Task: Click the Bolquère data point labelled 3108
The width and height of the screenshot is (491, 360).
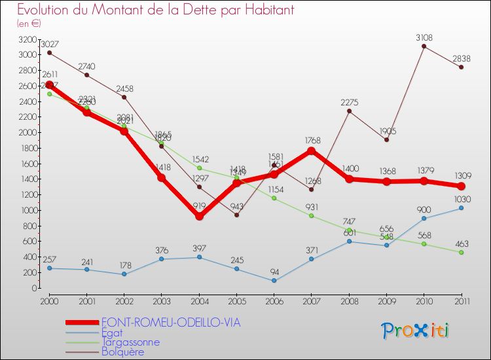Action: point(424,46)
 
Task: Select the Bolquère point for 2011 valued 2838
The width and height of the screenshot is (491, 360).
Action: point(462,67)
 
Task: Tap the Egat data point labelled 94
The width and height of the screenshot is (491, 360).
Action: point(274,281)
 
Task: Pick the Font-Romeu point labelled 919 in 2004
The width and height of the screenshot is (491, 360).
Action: point(199,216)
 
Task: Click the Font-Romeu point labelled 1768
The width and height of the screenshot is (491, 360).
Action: point(312,151)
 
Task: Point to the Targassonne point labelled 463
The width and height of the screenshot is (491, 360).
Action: point(462,253)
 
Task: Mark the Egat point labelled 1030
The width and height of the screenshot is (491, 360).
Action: point(462,208)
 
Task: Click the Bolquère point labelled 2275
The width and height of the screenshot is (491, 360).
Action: point(349,111)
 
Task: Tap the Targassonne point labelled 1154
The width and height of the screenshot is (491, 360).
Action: point(274,198)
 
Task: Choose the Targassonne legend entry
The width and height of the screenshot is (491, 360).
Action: point(130,342)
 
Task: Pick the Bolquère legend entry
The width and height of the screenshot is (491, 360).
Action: point(122,351)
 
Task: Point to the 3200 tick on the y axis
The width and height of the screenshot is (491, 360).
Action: point(27,39)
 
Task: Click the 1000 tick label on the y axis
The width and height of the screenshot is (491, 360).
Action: point(27,210)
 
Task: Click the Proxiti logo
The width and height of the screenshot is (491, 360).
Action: point(415,331)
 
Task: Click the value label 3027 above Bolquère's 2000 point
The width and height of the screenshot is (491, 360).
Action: point(49,45)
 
